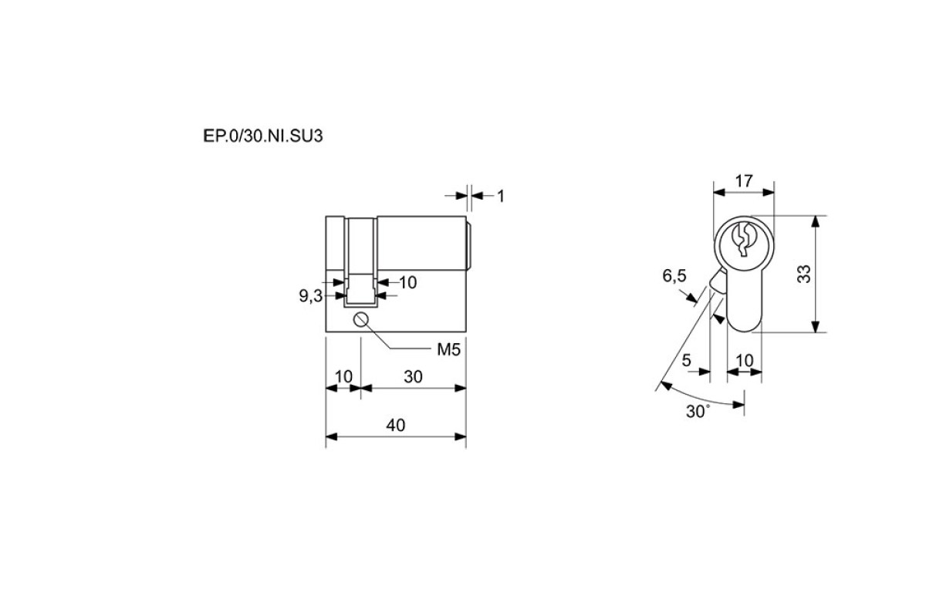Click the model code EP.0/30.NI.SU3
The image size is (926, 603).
click(263, 136)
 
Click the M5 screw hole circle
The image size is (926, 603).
click(361, 320)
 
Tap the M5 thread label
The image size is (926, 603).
click(448, 350)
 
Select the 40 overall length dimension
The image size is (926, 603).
click(395, 425)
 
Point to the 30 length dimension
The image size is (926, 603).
click(413, 376)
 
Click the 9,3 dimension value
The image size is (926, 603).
click(310, 296)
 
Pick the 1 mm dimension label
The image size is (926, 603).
click(501, 197)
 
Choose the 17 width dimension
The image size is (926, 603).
click(744, 181)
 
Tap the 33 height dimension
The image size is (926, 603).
click(804, 274)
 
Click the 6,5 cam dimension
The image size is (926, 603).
click(674, 275)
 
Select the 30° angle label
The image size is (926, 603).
click(698, 412)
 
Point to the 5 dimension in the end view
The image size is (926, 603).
click(686, 361)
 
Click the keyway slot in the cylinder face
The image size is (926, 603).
click(742, 240)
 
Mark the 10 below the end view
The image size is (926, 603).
click(745, 361)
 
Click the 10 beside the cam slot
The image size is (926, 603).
click(407, 282)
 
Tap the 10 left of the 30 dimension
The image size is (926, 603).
click(343, 376)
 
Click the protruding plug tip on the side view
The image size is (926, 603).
click(469, 247)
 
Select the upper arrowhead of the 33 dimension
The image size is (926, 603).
click(815, 221)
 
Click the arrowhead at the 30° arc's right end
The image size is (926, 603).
click(738, 404)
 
